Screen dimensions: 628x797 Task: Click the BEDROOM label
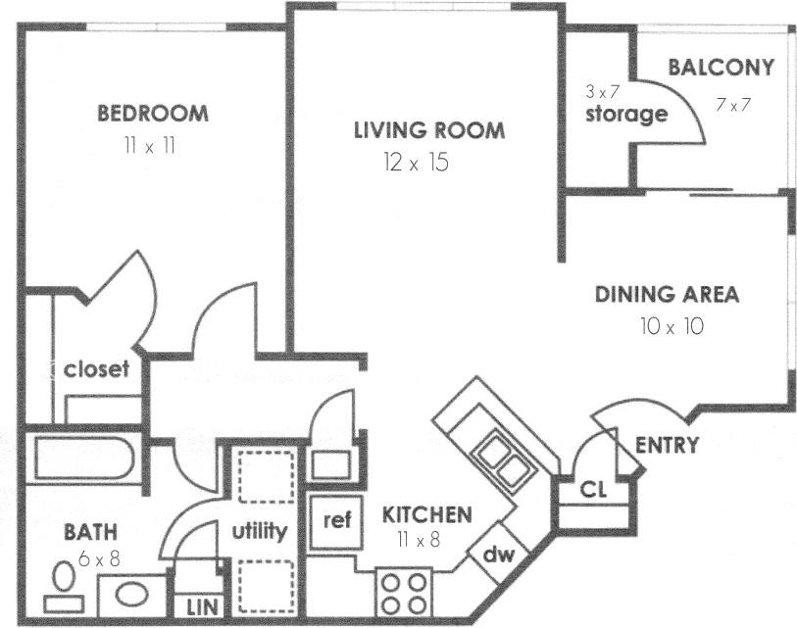pos(153,114)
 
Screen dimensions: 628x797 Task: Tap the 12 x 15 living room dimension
pos(417,163)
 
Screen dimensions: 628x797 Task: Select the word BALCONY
pos(721,68)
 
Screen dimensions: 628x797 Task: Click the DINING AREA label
pos(667,294)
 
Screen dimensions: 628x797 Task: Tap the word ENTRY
pos(667,446)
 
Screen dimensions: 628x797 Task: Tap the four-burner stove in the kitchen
pos(404,592)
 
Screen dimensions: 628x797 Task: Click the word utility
pos(260,532)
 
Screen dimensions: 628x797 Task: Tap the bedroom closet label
pos(96,369)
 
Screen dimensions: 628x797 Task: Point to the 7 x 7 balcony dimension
pos(733,104)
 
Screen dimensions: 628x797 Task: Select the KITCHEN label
pos(426,514)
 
